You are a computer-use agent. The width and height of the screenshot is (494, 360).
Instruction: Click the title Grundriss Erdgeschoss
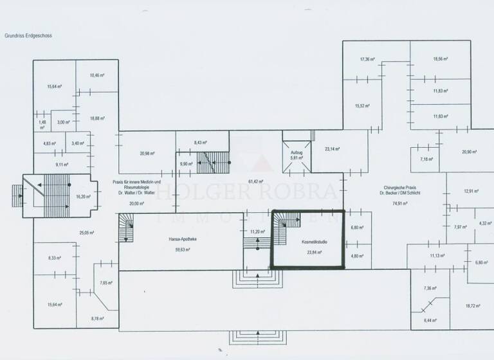click(x=28, y=36)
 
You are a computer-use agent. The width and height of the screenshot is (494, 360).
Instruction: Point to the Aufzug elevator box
click(x=297, y=155)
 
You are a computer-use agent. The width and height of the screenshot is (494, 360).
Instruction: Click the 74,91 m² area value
click(x=403, y=203)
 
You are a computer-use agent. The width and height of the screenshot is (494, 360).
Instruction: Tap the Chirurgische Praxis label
click(x=403, y=187)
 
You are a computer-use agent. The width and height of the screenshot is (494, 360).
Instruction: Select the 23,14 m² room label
click(x=332, y=149)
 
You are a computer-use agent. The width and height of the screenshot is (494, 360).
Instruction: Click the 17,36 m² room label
click(x=367, y=59)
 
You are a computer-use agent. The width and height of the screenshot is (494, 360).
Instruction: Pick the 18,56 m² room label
click(x=440, y=59)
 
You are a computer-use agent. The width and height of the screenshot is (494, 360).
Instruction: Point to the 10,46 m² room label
click(x=96, y=75)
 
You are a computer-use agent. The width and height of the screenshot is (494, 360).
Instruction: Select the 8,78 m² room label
click(x=97, y=319)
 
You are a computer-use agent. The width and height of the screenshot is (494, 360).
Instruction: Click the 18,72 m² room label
click(x=473, y=306)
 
